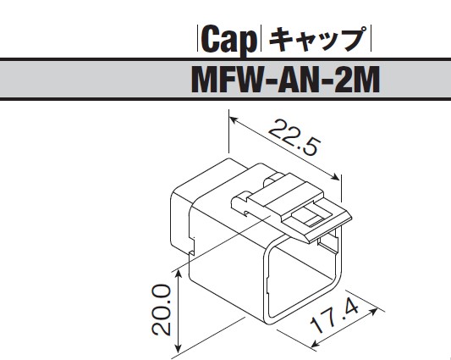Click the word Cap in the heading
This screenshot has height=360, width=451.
pyautogui.click(x=229, y=40)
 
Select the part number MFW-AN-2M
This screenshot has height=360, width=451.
pyautogui.click(x=285, y=79)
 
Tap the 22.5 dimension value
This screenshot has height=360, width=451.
pyautogui.click(x=294, y=138)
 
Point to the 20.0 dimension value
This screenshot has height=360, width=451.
pyautogui.click(x=162, y=310)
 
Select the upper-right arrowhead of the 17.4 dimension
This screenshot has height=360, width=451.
pyautogui.click(x=374, y=311)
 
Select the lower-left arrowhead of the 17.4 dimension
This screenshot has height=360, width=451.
pyautogui.click(x=316, y=343)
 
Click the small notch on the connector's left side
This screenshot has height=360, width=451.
pyautogui.click(x=191, y=246)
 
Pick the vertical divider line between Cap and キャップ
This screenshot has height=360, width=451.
pyautogui.click(x=261, y=39)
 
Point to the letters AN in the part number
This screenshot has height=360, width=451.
pyautogui.click(x=297, y=80)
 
